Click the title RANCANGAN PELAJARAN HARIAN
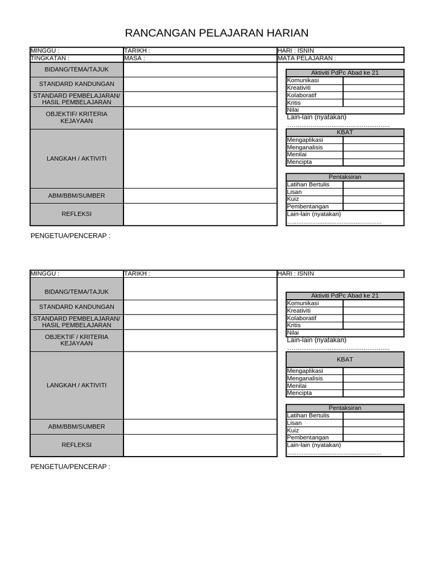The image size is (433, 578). click(x=216, y=33)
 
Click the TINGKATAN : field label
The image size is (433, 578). click(x=50, y=58)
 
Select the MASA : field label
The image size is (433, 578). click(x=135, y=58)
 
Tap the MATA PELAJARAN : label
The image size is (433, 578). click(x=307, y=58)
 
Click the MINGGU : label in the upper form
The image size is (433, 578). click(x=45, y=50)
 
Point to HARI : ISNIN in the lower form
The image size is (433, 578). click(x=295, y=273)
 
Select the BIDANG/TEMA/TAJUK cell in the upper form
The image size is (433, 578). click(x=77, y=69)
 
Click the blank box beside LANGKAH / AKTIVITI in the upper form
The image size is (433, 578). click(x=200, y=159)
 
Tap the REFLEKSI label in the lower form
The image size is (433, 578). click(x=77, y=445)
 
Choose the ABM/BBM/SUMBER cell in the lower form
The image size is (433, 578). click(x=77, y=427)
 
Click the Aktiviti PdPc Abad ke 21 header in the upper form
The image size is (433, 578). click(x=345, y=73)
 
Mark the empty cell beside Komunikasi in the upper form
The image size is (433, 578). click(x=373, y=81)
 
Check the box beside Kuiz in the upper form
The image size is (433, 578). click(x=373, y=199)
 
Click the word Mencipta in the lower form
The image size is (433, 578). click(x=299, y=393)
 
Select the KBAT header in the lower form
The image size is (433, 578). click(x=345, y=359)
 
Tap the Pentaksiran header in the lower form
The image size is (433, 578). click(x=345, y=408)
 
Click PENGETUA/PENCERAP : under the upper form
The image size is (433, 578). click(x=70, y=235)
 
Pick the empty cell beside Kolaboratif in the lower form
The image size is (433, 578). click(x=373, y=318)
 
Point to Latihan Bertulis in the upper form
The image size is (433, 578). click(x=308, y=185)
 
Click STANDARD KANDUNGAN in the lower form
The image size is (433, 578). click(x=77, y=307)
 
